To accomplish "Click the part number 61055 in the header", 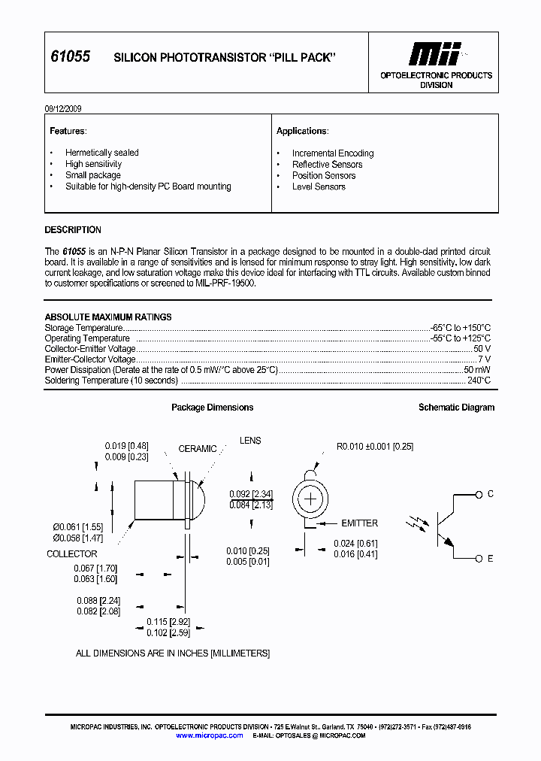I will (70, 57).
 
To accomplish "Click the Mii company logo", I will (434, 53).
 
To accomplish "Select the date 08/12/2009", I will (63, 108).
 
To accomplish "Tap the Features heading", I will (68, 131).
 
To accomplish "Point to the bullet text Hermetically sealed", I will (101, 153).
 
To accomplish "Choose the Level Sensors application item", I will (319, 186).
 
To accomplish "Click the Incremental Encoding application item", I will (332, 153).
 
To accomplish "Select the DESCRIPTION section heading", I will (73, 230).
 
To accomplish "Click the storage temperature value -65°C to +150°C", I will (461, 328).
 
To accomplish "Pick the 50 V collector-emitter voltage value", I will (482, 349).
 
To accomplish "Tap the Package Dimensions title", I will (212, 408).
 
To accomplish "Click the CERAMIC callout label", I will (198, 449).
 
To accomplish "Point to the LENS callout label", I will (250, 441).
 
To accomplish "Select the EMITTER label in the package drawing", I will (359, 523).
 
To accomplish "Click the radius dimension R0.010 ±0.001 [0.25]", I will (375, 447).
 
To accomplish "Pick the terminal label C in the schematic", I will (491, 494).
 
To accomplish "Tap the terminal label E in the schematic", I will (491, 559).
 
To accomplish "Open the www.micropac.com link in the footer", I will (210, 735).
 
